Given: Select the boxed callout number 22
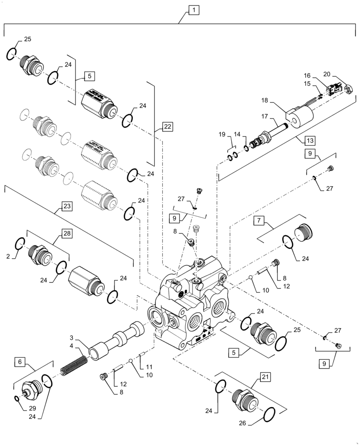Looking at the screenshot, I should [167, 127].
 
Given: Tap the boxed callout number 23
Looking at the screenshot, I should [66, 206].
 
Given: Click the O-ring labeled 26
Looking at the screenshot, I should [270, 415].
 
